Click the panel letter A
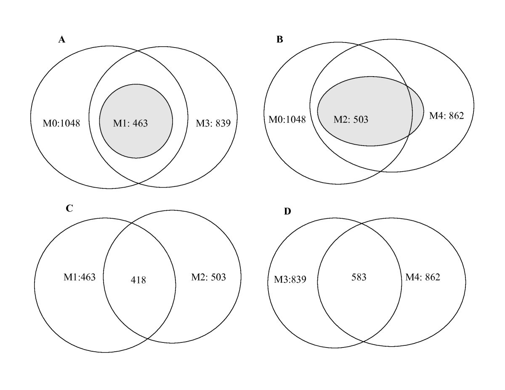61,40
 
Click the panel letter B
279,40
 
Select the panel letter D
287,211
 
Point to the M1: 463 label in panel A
130,123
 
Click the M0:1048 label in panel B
287,119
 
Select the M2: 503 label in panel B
351,119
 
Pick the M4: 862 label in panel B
446,116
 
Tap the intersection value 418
138,280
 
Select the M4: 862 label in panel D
423,277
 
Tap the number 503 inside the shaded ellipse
360,119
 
